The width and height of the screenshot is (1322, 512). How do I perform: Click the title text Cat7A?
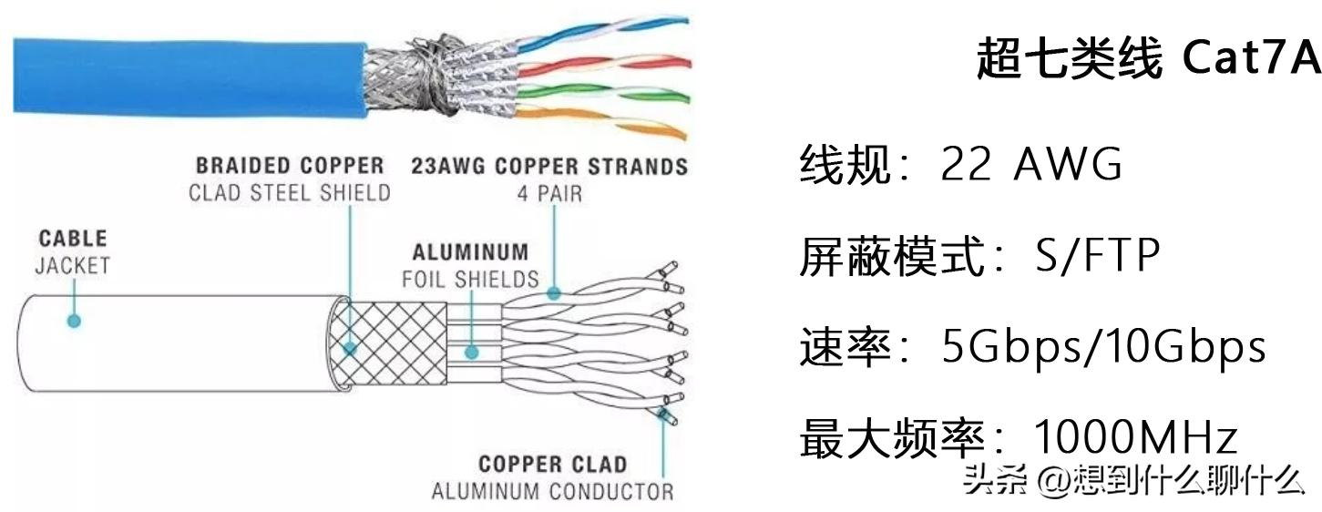click(x=1250, y=60)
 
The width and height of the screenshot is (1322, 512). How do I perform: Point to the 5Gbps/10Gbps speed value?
click(x=1103, y=347)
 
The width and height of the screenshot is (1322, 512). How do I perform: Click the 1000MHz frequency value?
click(x=1135, y=438)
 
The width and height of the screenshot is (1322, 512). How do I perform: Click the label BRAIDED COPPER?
click(x=290, y=166)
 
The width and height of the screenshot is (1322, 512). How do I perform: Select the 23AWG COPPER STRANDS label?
click(x=549, y=167)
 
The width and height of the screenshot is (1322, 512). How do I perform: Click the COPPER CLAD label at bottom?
click(x=552, y=465)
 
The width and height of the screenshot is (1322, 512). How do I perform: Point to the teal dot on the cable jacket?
click(x=75, y=321)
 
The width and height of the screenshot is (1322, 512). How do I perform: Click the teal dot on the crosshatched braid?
click(x=350, y=348)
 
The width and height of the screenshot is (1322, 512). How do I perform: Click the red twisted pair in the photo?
click(x=610, y=62)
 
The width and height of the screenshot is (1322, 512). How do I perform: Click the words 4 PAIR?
click(x=549, y=193)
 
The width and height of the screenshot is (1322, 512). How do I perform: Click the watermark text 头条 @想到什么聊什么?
click(x=1134, y=477)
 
